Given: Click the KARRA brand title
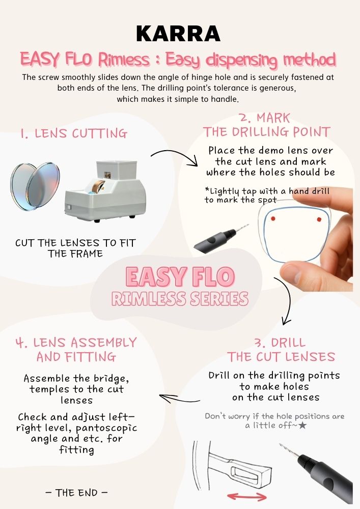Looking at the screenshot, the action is pos(178,34).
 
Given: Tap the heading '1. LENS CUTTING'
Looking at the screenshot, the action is pos(74,133).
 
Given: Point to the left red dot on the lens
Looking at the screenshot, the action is pos(273,218).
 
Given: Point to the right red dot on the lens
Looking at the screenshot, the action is pos(319,219).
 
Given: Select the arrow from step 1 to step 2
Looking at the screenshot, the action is pos(177,153).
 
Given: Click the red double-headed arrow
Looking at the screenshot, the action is pos(247,496).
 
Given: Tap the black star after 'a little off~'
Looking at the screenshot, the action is pos(302,425).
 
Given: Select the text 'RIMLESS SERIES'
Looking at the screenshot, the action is pos(180,299).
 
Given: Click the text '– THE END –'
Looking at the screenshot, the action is pos(76,493).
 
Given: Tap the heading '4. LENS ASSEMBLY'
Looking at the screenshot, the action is pos(76,343).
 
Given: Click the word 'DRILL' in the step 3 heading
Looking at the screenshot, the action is pos(288,343).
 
